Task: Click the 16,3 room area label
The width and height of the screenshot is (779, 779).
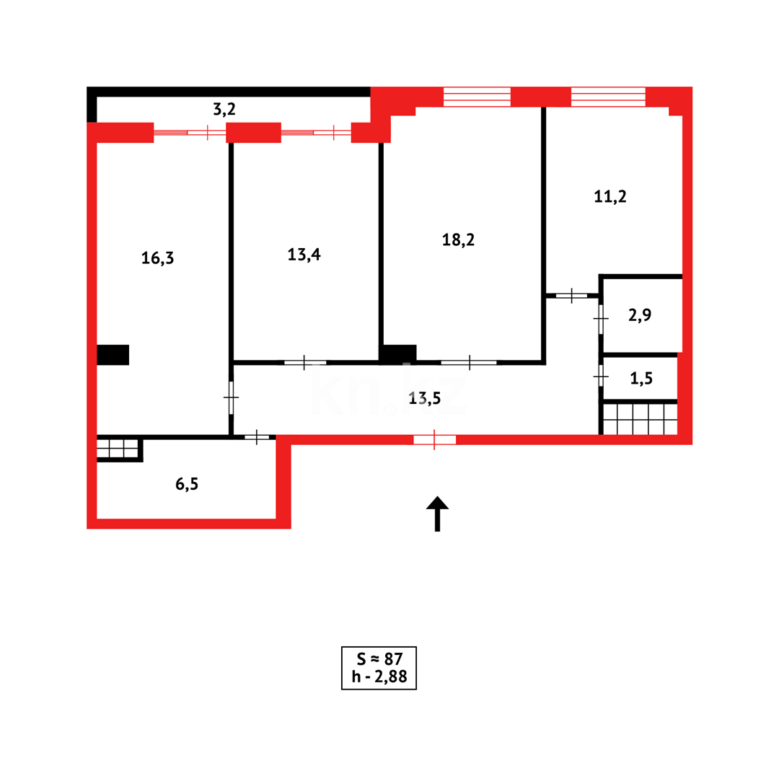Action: point(157,258)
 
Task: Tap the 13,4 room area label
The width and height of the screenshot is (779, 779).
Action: point(304,255)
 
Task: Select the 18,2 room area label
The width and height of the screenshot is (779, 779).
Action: point(458,240)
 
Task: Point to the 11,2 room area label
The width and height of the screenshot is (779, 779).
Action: point(609,197)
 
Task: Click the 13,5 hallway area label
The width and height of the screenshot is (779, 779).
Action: point(425,399)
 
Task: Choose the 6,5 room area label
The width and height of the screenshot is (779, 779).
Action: point(186,484)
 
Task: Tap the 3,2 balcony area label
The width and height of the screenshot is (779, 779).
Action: point(224,110)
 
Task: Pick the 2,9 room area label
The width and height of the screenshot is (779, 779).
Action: point(640,314)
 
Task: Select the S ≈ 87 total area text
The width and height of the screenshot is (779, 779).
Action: point(379,659)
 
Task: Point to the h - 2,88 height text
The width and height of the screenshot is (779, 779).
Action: point(379,677)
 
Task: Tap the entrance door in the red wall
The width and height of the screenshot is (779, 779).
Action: point(434,439)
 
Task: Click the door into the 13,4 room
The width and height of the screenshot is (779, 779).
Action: point(304,362)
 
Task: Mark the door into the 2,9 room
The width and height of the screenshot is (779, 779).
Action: point(601,318)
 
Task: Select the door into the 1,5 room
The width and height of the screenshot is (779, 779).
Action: point(601,376)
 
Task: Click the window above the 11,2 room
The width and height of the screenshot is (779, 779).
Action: point(608,97)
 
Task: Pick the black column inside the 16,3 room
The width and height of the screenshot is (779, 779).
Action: point(113,355)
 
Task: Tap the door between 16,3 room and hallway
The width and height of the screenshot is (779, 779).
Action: point(231,397)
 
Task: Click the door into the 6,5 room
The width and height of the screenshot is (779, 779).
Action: point(257,437)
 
